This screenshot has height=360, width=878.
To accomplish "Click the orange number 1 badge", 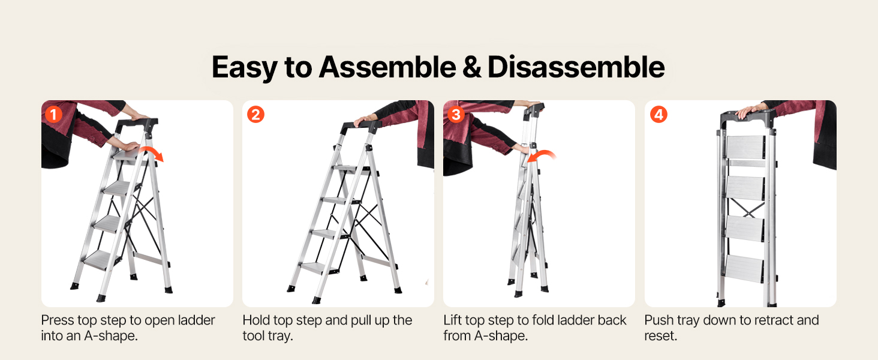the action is click(x=54, y=115).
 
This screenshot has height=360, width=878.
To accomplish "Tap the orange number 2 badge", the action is click(x=255, y=115).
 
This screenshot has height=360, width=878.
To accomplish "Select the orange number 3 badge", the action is click(x=456, y=115).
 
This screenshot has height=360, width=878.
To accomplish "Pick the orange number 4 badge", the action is click(x=659, y=115).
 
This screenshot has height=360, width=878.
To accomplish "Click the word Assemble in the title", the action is click(x=387, y=67).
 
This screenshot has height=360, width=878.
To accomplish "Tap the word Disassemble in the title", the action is click(x=576, y=67).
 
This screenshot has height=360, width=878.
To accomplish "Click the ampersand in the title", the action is click(x=471, y=67).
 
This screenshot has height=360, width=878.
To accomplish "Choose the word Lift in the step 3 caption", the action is click(x=453, y=320).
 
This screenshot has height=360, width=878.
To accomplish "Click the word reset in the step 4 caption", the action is click(x=660, y=336).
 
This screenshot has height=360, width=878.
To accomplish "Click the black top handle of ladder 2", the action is click(x=360, y=127).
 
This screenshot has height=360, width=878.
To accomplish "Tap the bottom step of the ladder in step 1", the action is click(x=101, y=260).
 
